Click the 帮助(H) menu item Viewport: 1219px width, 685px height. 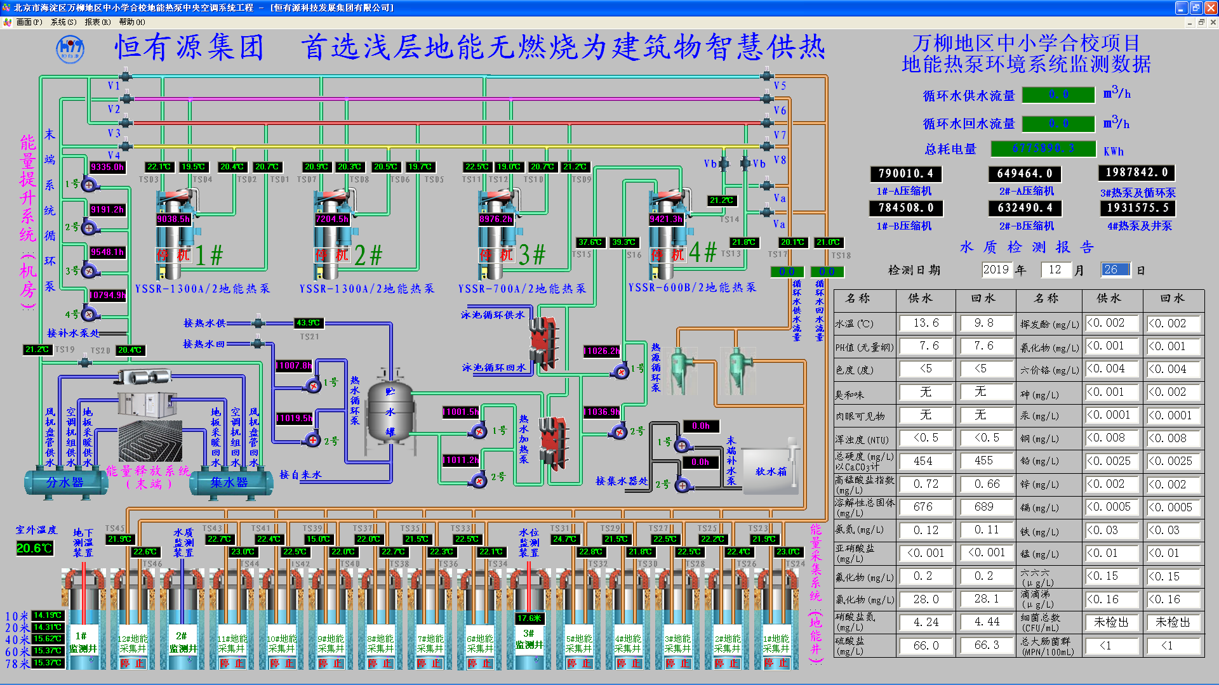click(x=131, y=22)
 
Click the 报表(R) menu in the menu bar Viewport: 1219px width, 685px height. click(x=97, y=22)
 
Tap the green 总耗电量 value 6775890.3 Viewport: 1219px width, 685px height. click(x=1043, y=148)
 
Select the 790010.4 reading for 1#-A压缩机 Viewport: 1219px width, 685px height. click(x=905, y=174)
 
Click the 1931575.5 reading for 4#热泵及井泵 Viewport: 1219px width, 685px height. click(x=1136, y=208)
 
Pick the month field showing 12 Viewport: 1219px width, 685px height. click(x=1055, y=270)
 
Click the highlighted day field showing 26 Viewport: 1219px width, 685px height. click(x=1115, y=270)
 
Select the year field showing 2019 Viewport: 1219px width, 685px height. click(x=996, y=270)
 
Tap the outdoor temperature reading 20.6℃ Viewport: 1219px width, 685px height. click(x=34, y=548)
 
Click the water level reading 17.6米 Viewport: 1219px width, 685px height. click(x=529, y=618)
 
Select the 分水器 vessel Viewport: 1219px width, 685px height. click(x=65, y=483)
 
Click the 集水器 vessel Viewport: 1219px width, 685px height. click(x=229, y=483)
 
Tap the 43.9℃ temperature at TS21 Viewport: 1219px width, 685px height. click(x=309, y=323)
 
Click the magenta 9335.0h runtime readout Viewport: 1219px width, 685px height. click(x=107, y=167)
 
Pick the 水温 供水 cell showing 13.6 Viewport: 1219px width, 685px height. click(x=926, y=323)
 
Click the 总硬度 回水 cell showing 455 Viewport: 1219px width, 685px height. click(x=983, y=461)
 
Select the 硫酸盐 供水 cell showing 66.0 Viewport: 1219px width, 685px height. click(x=926, y=646)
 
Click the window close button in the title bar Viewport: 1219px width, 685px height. click(x=1210, y=8)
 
